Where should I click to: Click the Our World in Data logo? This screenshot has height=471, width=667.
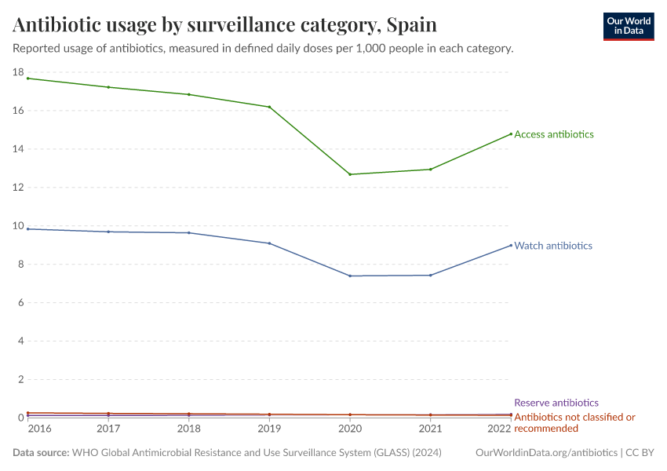[x=628, y=26]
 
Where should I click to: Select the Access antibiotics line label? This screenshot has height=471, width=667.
[x=553, y=134]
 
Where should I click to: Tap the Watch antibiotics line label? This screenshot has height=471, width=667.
[x=552, y=246]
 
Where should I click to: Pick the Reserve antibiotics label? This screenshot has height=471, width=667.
[x=556, y=403]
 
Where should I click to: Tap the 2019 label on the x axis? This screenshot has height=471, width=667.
[x=269, y=429]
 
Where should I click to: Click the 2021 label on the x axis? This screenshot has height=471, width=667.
[x=430, y=429]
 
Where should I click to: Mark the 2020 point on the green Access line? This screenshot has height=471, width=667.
[x=350, y=174]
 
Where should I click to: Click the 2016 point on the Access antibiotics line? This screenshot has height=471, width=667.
[x=28, y=78]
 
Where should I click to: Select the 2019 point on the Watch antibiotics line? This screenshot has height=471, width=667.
[x=269, y=243]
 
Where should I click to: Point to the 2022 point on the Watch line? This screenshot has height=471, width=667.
[x=511, y=245]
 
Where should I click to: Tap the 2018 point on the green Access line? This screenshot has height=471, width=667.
[x=189, y=95]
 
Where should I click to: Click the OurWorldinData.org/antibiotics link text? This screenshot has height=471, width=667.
[x=546, y=453]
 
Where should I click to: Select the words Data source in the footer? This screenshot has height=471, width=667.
[x=41, y=453]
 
